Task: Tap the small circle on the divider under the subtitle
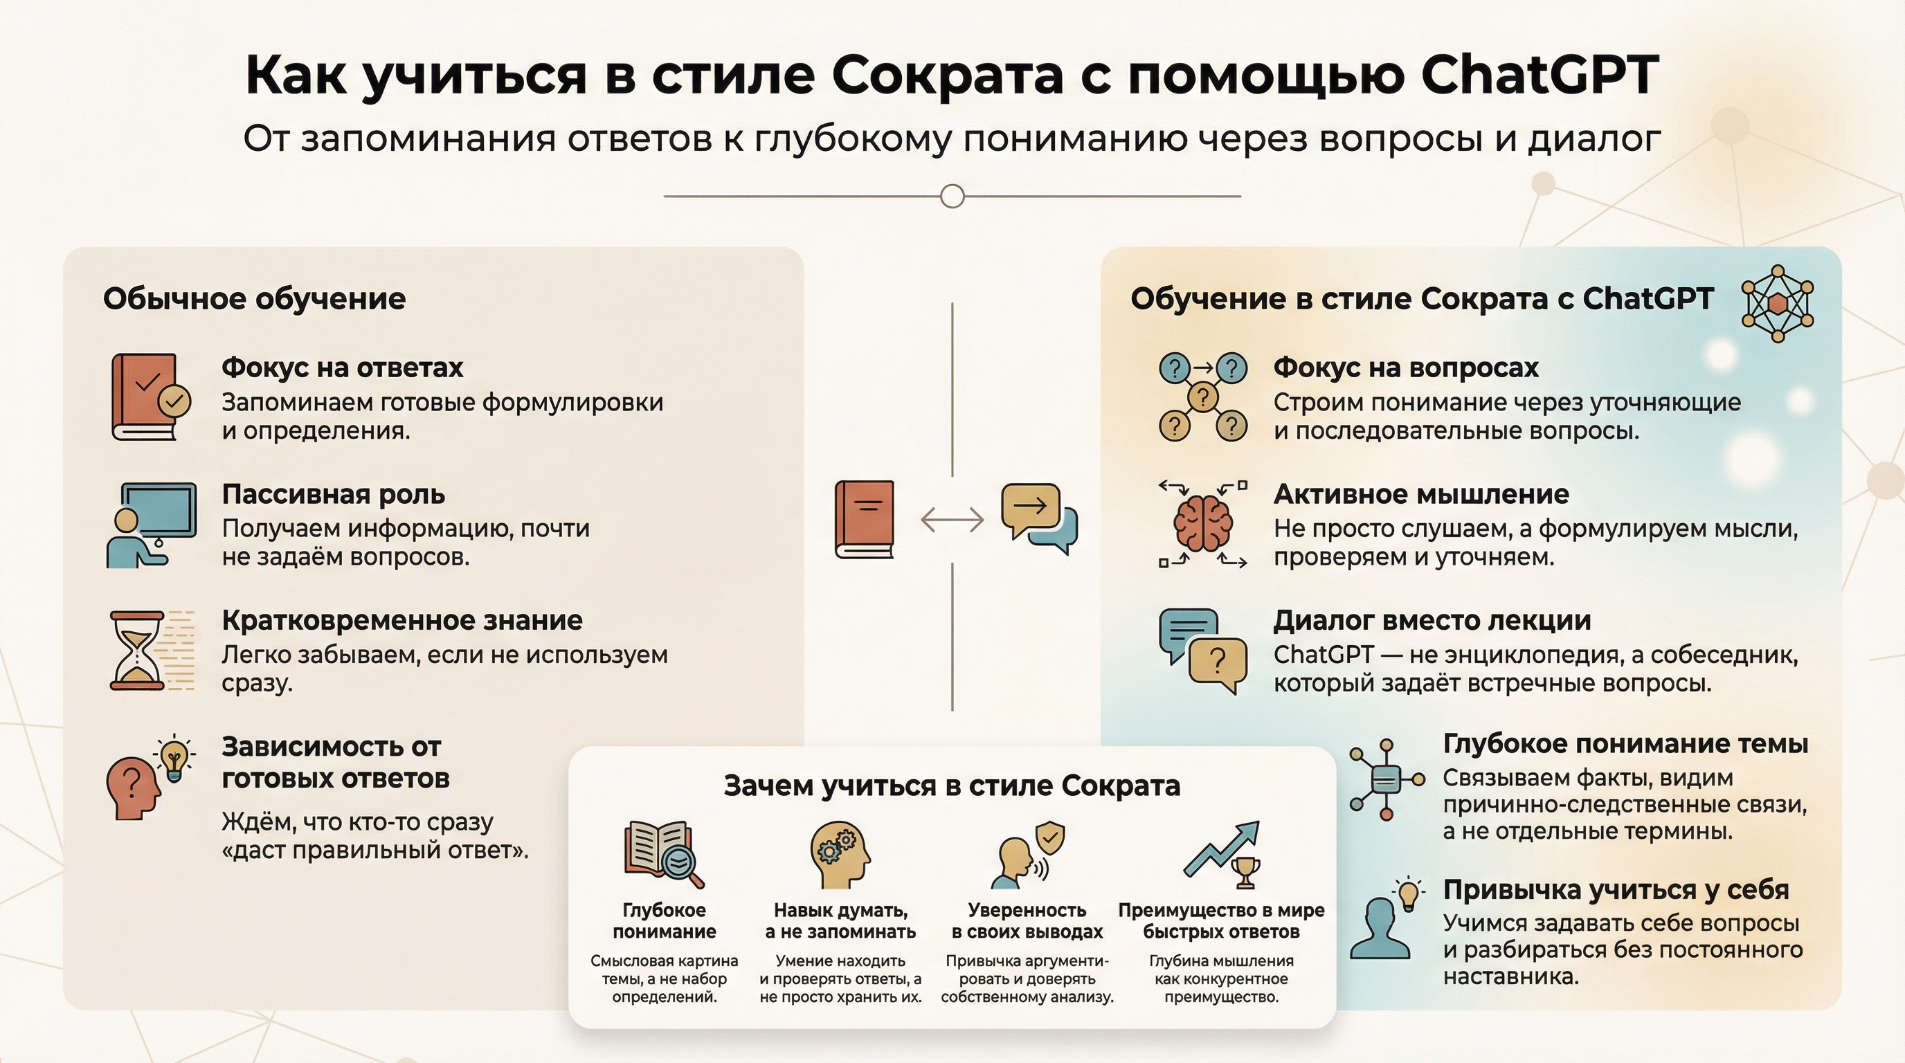(x=952, y=197)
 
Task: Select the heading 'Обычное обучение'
(x=255, y=300)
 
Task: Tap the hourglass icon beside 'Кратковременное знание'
(x=137, y=651)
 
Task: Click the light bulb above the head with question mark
(x=174, y=757)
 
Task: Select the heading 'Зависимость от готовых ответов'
(x=335, y=762)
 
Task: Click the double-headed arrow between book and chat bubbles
(x=952, y=520)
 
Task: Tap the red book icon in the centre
(x=865, y=519)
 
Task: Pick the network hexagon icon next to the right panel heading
(x=1778, y=304)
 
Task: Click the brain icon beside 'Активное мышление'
(x=1203, y=523)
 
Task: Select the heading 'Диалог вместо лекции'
(x=1432, y=620)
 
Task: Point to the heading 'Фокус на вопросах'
(x=1406, y=367)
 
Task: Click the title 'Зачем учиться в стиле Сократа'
(x=952, y=785)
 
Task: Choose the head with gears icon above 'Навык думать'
(x=840, y=854)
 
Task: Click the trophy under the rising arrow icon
(x=1246, y=871)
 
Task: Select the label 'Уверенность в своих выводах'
(x=1027, y=920)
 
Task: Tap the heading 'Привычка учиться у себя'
(x=1616, y=889)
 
